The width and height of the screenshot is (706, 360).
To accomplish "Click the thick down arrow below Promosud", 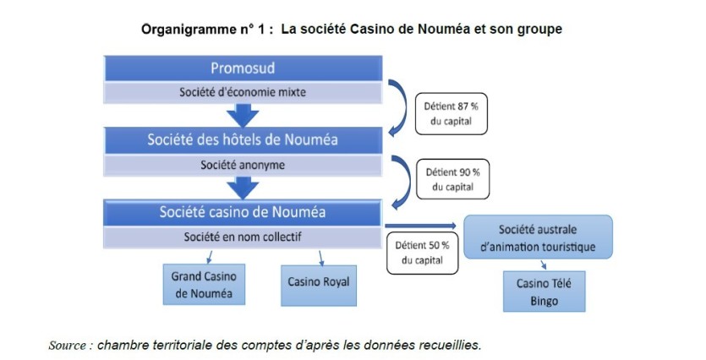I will [x=243, y=113].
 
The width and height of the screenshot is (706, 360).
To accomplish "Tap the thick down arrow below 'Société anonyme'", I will [x=243, y=185].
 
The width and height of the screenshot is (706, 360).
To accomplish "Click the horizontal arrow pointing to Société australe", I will [x=423, y=226].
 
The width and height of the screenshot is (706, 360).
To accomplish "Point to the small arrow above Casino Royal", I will [x=321, y=257].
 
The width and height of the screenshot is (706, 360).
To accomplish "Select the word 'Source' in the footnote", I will [x=69, y=345].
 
